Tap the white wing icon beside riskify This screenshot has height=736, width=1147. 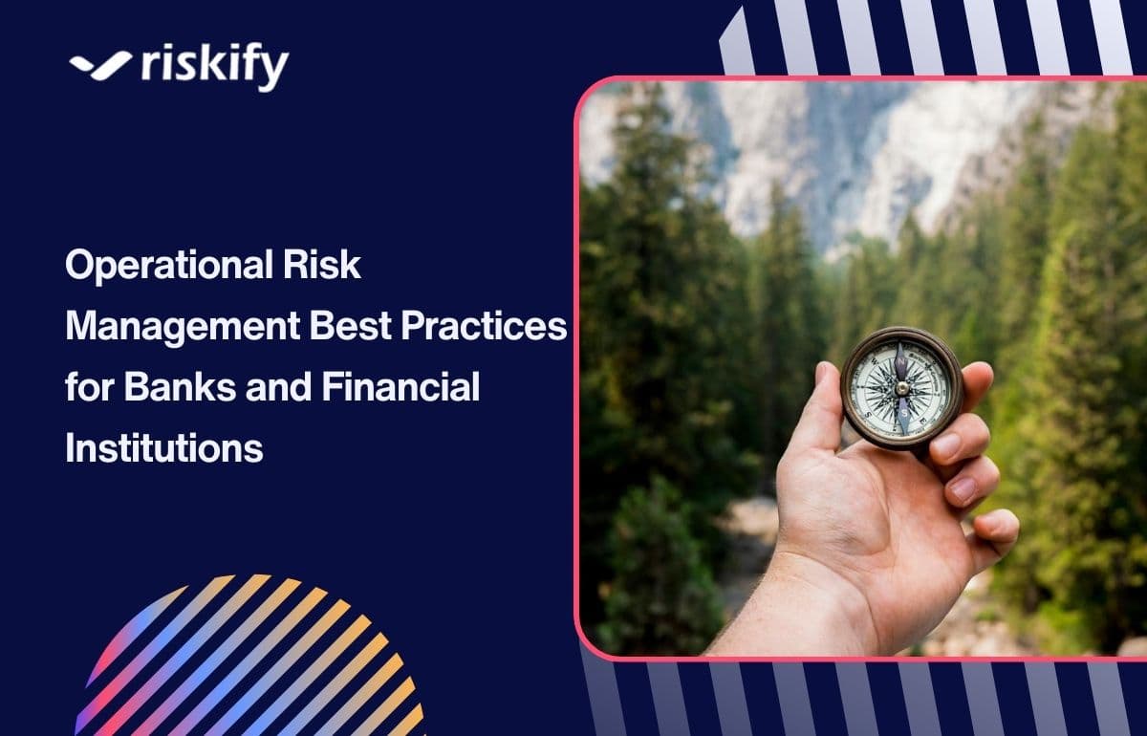[x=99, y=65]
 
